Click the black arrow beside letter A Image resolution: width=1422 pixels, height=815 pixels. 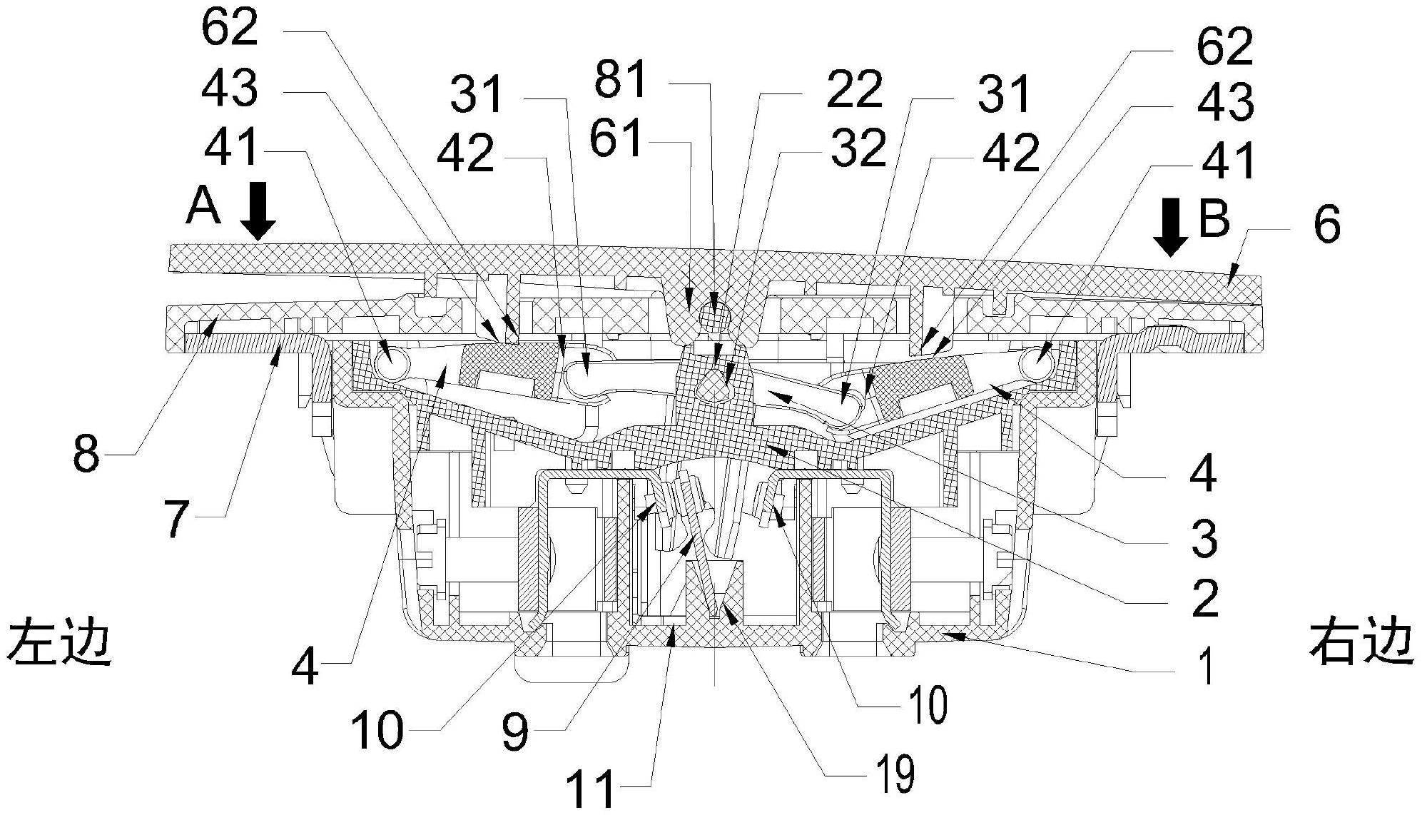(x=258, y=210)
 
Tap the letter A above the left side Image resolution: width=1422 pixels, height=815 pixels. (x=203, y=208)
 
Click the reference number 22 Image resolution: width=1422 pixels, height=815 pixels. (x=855, y=90)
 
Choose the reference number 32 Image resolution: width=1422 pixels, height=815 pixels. (x=858, y=149)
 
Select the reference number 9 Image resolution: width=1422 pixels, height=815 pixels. (x=515, y=731)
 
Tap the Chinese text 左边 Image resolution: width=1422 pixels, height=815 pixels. (x=60, y=642)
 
